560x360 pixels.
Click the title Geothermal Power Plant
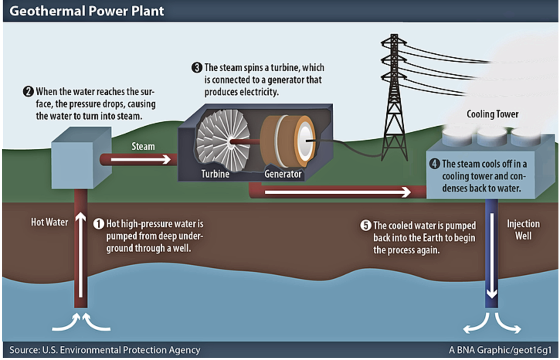point(87,11)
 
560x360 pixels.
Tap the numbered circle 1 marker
point(99,224)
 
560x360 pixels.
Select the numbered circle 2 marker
point(28,92)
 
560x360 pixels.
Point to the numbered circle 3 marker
point(197,68)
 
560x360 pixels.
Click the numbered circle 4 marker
point(434,163)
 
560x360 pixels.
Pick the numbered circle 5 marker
point(365,225)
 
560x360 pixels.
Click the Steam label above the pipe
point(143,146)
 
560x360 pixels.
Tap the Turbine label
point(215,174)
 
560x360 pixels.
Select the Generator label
point(283,174)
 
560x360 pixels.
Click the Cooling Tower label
point(492,114)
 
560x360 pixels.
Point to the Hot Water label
point(49,222)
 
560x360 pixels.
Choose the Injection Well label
point(523,230)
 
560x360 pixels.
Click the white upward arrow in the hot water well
point(80,255)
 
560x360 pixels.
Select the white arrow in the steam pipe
point(141,160)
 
